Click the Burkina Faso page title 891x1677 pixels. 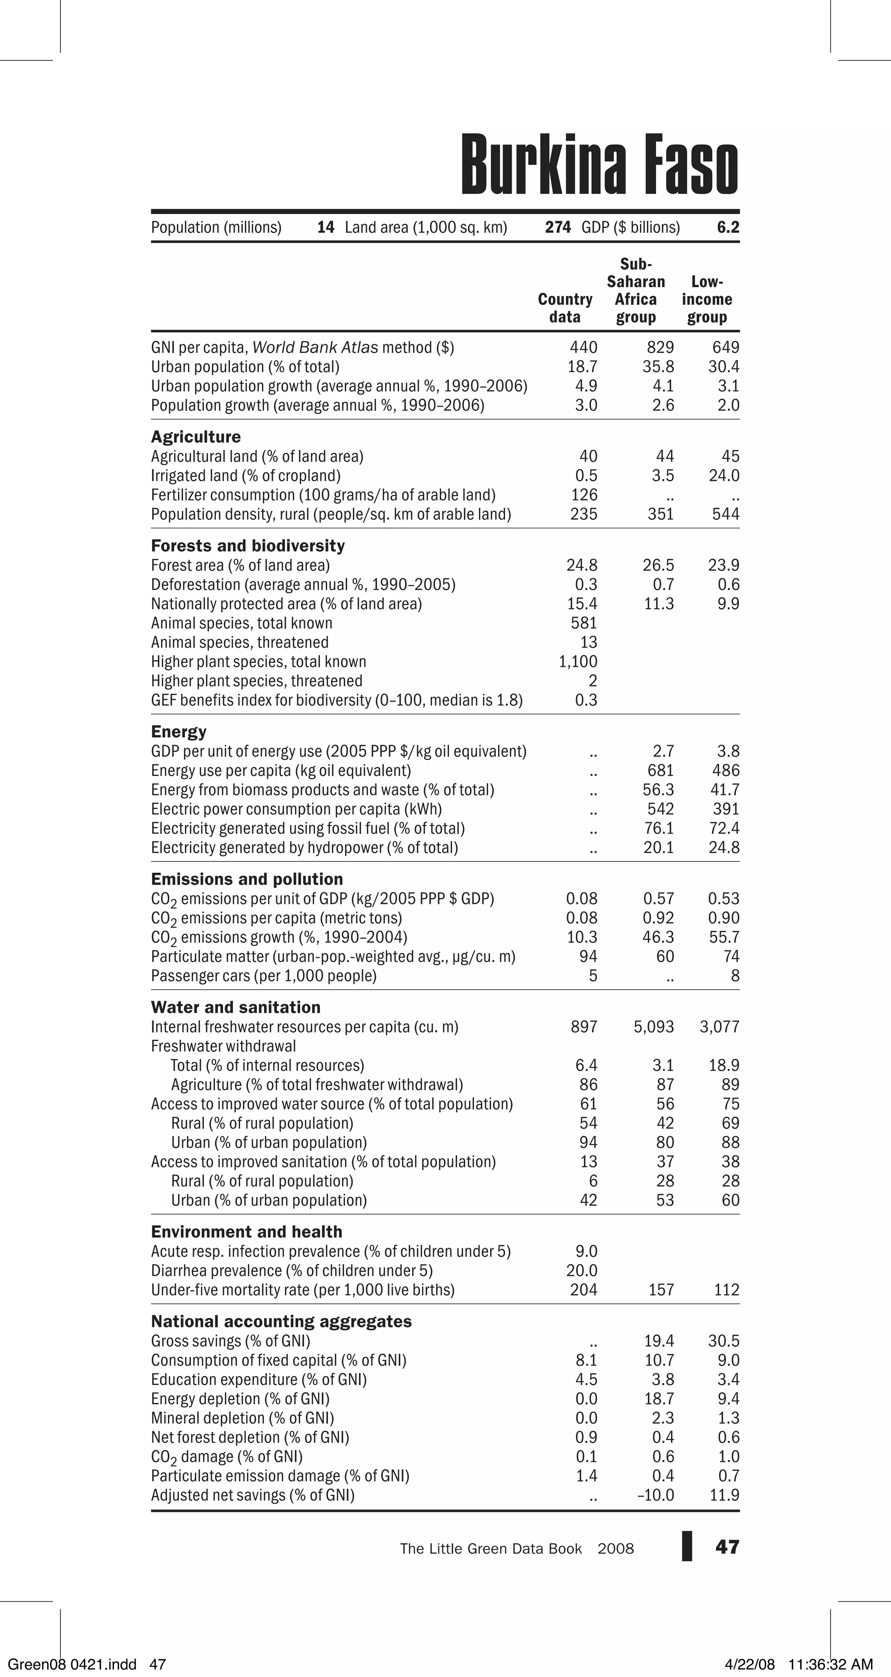[600, 165]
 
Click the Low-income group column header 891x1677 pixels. [707, 299]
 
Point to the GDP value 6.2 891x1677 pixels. [728, 227]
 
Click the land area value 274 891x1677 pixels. [557, 227]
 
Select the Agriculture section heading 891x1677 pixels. [196, 437]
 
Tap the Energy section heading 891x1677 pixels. [178, 732]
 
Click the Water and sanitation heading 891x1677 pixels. [236, 1007]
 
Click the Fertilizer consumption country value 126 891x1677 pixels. [584, 495]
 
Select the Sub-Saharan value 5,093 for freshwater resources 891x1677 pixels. [653, 1027]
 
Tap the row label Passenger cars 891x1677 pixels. [264, 976]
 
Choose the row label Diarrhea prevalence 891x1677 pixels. [291, 1271]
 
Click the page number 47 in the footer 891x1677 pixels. [727, 1547]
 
